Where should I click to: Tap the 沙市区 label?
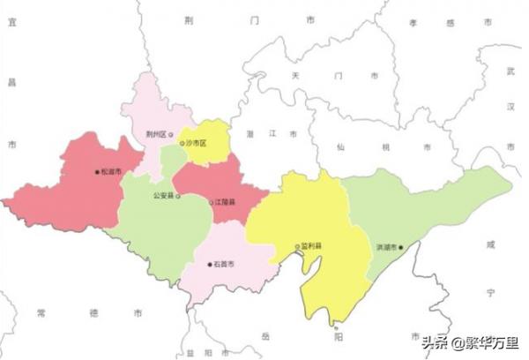[x=196, y=142]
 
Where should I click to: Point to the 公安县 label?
[x=163, y=195]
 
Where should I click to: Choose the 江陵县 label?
[x=226, y=202]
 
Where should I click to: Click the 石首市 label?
[x=224, y=263]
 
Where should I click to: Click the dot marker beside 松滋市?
[x=97, y=172]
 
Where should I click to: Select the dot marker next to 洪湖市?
[x=400, y=247]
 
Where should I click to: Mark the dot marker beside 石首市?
[x=210, y=263]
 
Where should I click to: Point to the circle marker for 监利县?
[x=297, y=246]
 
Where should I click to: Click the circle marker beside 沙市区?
[x=182, y=142]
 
